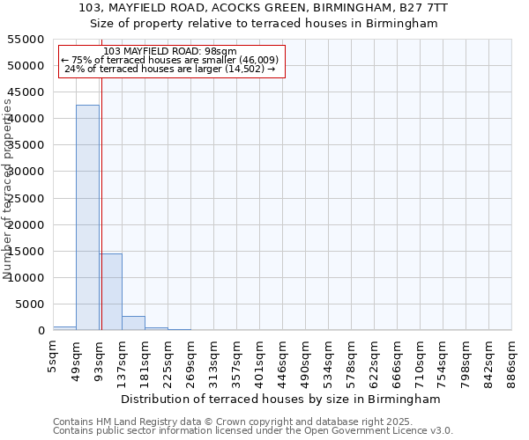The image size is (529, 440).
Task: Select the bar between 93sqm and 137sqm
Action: (110, 291)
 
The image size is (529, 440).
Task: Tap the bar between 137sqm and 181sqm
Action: (133, 323)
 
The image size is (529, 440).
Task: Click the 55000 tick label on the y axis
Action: (29, 40)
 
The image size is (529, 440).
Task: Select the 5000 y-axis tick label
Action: (33, 304)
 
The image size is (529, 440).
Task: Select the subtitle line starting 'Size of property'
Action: (264, 24)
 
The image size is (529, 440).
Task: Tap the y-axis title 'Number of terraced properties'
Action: (9, 189)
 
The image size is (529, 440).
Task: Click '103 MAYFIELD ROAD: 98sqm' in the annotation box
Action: (169, 51)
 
